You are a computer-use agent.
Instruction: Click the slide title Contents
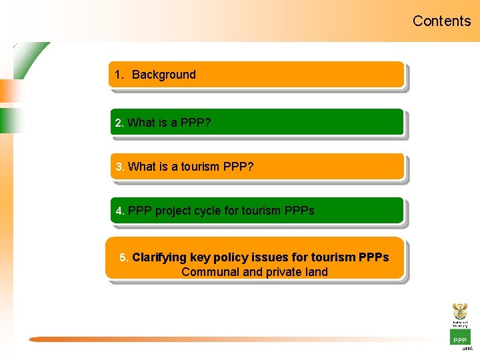(x=441, y=21)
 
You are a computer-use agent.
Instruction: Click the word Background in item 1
(x=164, y=75)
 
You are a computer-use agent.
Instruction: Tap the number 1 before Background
(x=118, y=75)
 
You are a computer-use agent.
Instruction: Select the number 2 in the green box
(x=119, y=123)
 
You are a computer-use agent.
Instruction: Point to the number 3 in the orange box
(x=119, y=167)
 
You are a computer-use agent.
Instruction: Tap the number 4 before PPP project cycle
(x=119, y=211)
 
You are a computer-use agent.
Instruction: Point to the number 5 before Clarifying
(x=123, y=257)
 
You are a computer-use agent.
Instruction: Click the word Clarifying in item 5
(x=159, y=257)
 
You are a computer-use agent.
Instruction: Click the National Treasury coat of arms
(x=460, y=312)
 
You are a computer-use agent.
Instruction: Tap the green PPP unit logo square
(x=460, y=337)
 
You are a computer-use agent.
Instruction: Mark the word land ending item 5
(x=317, y=271)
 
